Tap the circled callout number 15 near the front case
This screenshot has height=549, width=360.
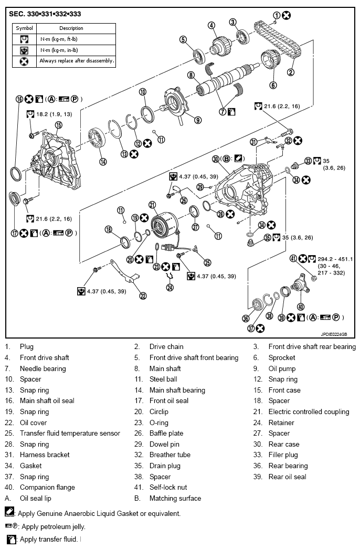pyautogui.click(x=59, y=125)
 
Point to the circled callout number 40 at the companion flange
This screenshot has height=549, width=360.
pyautogui.click(x=301, y=307)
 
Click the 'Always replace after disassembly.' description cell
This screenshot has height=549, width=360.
pyautogui.click(x=77, y=61)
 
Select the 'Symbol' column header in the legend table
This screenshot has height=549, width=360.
pyautogui.click(x=24, y=28)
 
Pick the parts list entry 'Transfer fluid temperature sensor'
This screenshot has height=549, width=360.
pyautogui.click(x=70, y=433)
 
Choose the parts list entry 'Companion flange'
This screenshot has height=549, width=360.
pyautogui.click(x=47, y=487)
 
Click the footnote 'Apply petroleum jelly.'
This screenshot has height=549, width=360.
pyautogui.click(x=52, y=526)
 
